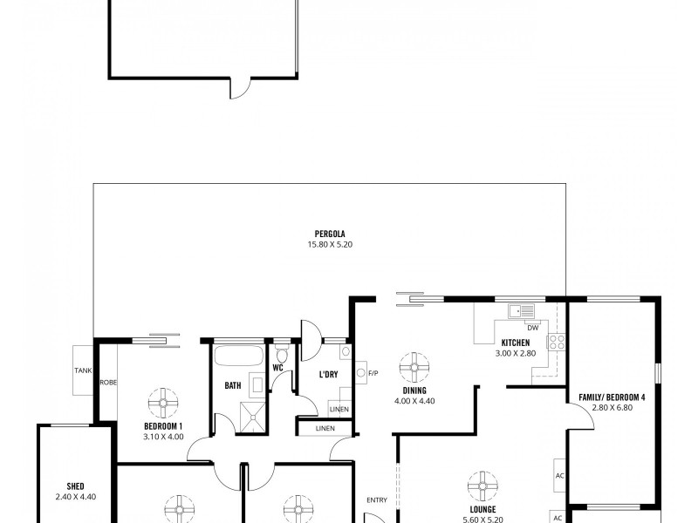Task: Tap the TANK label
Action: point(82,370)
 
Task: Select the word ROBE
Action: point(108,382)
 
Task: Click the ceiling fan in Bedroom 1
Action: point(163,402)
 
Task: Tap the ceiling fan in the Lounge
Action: point(481,486)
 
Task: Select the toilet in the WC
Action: point(282,355)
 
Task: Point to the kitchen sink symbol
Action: point(522,310)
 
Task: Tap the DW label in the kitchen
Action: point(531,327)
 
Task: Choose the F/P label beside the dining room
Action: point(373,374)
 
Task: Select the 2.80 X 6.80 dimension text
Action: point(611,409)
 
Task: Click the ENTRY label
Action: point(376,499)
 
